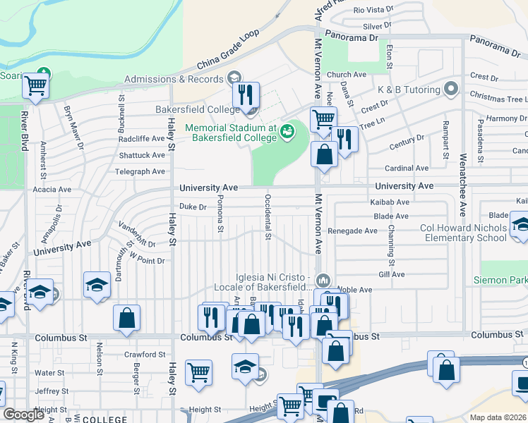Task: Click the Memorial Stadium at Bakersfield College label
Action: coord(231,133)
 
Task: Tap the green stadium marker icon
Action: coord(287,130)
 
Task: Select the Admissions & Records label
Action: coord(174,79)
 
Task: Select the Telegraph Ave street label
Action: coord(141,171)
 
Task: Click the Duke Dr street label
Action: coord(192,207)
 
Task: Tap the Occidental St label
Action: coord(268,216)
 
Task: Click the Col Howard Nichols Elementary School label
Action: coord(463,233)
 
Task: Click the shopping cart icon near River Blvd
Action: coord(35,86)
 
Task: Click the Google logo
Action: coord(24,415)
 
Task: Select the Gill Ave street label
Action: coord(392,274)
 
